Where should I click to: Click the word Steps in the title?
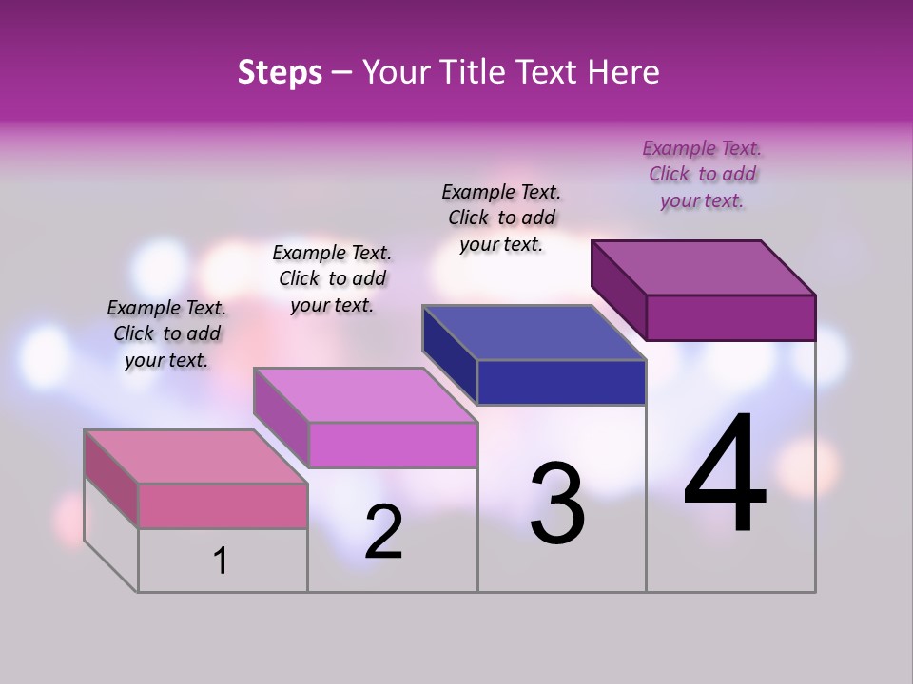coord(280,72)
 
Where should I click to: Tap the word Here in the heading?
coord(624,72)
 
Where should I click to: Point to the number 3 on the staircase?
coord(557,503)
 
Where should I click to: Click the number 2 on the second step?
coord(383,532)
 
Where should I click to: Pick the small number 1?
coord(221,561)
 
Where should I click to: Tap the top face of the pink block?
coord(195,456)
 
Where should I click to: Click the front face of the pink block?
coord(223,505)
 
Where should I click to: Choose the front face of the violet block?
coord(393,445)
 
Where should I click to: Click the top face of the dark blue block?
coord(534,332)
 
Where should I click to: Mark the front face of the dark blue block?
coord(561,382)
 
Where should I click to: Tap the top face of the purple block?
coord(703,267)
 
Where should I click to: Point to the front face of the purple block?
coord(730,317)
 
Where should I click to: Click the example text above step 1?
coord(166,333)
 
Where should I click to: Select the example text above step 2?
coord(332,278)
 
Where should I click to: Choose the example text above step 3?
coord(501,218)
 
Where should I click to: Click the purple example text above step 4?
coord(702,174)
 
